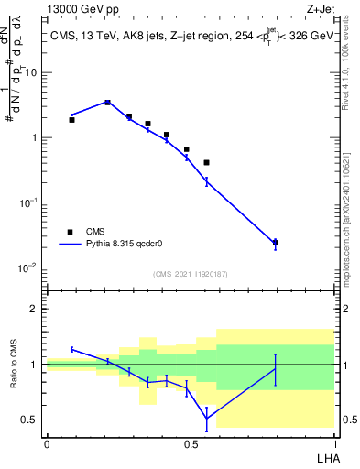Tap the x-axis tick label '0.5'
(191, 443)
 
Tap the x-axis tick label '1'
(333, 443)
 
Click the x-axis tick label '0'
(47, 443)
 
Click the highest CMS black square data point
(108, 103)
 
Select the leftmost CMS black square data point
(71, 120)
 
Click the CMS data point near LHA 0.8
(275, 243)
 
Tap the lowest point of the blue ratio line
(206, 418)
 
